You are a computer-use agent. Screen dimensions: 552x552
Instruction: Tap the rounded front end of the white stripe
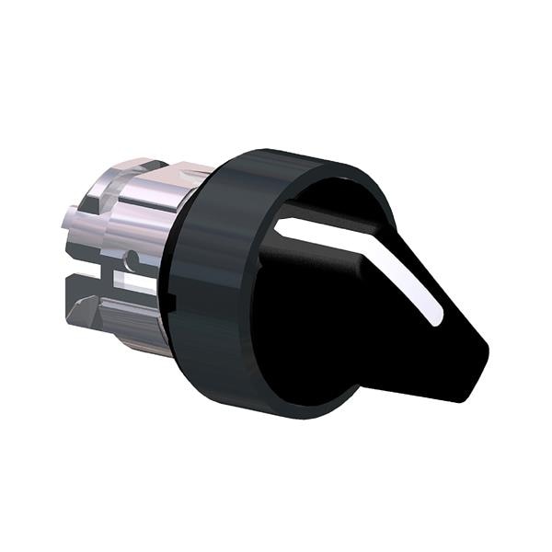click(436, 318)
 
